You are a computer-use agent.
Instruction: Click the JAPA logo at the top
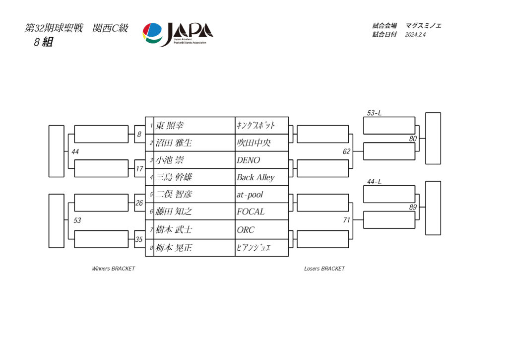coord(178,34)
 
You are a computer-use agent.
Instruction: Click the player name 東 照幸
coord(170,126)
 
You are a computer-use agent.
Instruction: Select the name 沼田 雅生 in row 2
coord(174,143)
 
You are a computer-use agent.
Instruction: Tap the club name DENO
coord(248,160)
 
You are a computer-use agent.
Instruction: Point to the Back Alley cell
coord(255,177)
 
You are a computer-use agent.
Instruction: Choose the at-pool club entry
coord(250,195)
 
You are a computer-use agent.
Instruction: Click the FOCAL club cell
coord(251,212)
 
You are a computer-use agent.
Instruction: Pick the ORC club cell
coord(246,230)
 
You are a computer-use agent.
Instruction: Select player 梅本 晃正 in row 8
coord(174,248)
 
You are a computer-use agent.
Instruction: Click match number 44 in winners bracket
coord(75,152)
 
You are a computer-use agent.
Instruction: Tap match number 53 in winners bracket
coord(77,220)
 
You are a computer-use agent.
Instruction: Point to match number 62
coord(347,151)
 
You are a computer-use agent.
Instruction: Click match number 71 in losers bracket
coord(347,220)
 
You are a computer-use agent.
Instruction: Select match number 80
coord(413,139)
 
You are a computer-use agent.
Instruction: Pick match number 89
coord(413,207)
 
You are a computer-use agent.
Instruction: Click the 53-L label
coord(374,113)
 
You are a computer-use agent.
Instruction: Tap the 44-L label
coord(374,182)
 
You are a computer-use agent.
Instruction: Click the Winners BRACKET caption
coord(114,269)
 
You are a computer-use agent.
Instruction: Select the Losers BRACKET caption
coord(324,269)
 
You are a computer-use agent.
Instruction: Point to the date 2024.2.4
coord(415,35)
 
